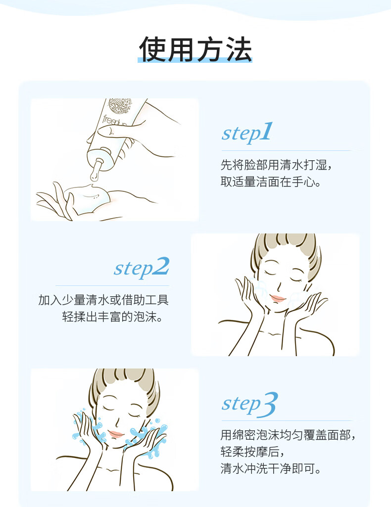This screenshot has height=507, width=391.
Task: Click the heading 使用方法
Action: [195, 49]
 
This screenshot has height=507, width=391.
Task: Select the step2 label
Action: [142, 268]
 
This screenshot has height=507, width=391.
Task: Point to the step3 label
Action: [249, 404]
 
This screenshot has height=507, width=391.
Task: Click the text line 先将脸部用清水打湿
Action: [276, 165]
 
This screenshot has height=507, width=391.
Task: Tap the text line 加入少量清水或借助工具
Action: [103, 300]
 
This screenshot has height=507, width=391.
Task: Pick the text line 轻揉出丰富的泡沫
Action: [112, 317]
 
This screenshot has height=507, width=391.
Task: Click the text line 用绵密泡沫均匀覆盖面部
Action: [288, 435]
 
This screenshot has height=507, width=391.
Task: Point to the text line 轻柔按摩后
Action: [252, 452]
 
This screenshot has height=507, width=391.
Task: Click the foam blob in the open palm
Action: [87, 199]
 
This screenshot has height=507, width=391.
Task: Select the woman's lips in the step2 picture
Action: [278, 298]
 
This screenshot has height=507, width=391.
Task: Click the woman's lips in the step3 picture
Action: [116, 434]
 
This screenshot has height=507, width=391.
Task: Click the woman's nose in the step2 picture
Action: [279, 286]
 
